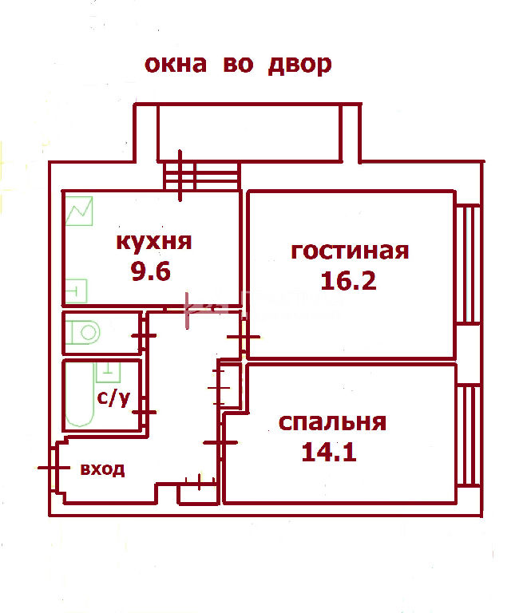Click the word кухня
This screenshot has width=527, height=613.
click(154, 243)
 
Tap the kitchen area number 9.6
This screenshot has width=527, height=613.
click(151, 271)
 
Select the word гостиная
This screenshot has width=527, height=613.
click(350, 251)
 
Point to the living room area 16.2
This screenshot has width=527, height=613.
click(348, 281)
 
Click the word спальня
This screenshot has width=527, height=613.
click(332, 422)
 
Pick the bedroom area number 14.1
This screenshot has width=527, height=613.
click(329, 453)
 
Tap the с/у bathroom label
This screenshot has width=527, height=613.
click(113, 398)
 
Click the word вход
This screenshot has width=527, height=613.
click(102, 469)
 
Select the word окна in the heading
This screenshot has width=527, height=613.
click(176, 65)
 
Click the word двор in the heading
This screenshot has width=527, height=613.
click(300, 65)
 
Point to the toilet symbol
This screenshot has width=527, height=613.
click(83, 333)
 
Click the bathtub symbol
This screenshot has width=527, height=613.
click(80, 394)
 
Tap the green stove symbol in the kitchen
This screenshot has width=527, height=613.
click(79, 211)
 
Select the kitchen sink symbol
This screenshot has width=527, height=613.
click(76, 291)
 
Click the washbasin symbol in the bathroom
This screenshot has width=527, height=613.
click(109, 372)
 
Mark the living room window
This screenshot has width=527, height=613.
click(469, 264)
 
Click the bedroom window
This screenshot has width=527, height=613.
click(469, 436)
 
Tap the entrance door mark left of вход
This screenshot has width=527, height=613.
click(54, 468)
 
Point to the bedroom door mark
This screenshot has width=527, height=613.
click(220, 443)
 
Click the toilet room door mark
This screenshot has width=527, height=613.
click(144, 335)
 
